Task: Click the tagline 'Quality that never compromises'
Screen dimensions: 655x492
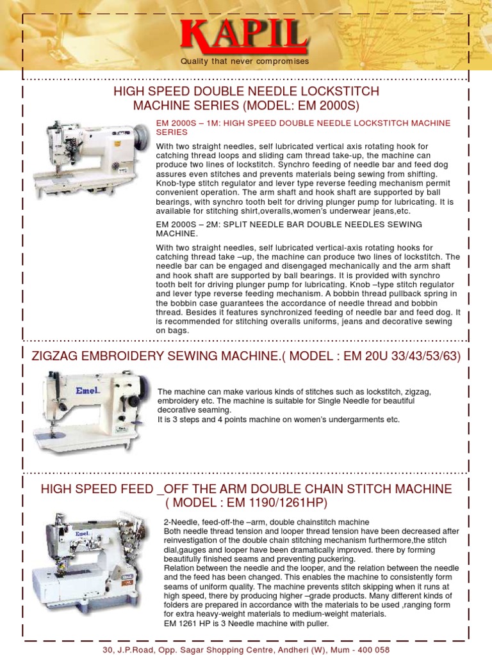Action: click(245, 61)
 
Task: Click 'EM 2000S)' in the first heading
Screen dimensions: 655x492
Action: click(328, 106)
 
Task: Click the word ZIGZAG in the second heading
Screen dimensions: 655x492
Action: click(59, 356)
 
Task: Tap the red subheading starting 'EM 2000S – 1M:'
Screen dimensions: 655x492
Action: click(303, 127)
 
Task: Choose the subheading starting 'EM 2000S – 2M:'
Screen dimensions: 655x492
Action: click(289, 229)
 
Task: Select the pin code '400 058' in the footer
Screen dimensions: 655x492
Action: click(373, 650)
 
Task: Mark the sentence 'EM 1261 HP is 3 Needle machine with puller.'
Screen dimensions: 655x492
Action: click(247, 623)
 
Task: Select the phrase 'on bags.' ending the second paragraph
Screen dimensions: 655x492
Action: click(173, 331)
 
